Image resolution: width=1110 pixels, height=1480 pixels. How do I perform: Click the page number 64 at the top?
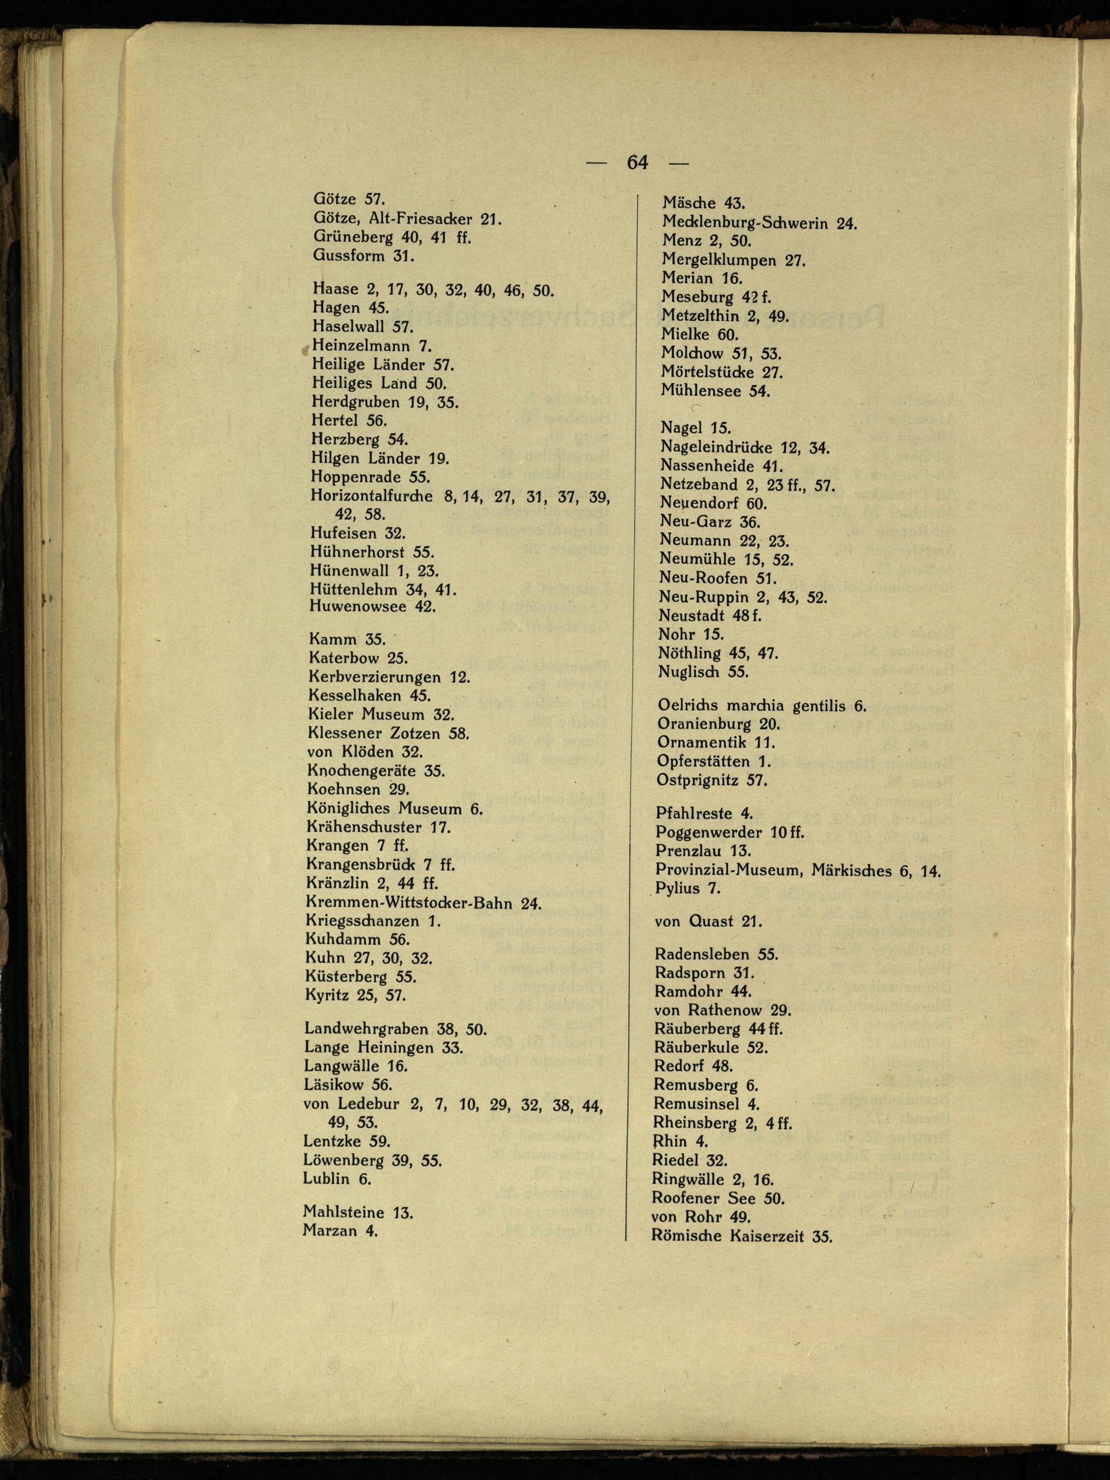637,163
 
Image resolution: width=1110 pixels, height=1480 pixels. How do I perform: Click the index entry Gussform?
349,256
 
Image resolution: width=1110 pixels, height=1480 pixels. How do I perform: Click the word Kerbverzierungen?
375,677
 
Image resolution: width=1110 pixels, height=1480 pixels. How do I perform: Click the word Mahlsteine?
343,1212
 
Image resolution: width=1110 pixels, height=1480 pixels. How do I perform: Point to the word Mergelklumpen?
719,260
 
